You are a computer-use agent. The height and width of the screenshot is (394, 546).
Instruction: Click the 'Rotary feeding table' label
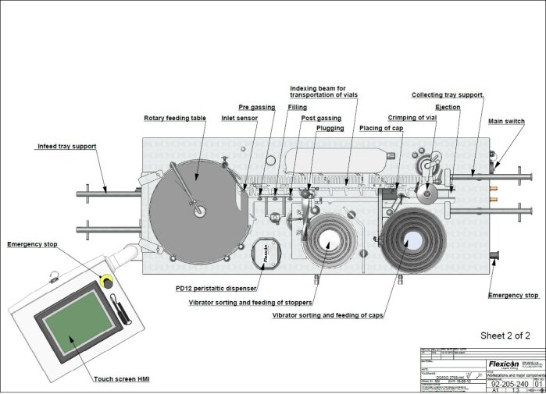175,119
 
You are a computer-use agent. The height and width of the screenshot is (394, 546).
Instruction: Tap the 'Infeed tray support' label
67,146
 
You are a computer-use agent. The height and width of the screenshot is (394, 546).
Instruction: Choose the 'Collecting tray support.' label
448,94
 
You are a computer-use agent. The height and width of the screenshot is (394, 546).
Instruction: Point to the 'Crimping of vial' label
411,117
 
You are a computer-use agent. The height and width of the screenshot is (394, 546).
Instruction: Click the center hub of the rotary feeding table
199,209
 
